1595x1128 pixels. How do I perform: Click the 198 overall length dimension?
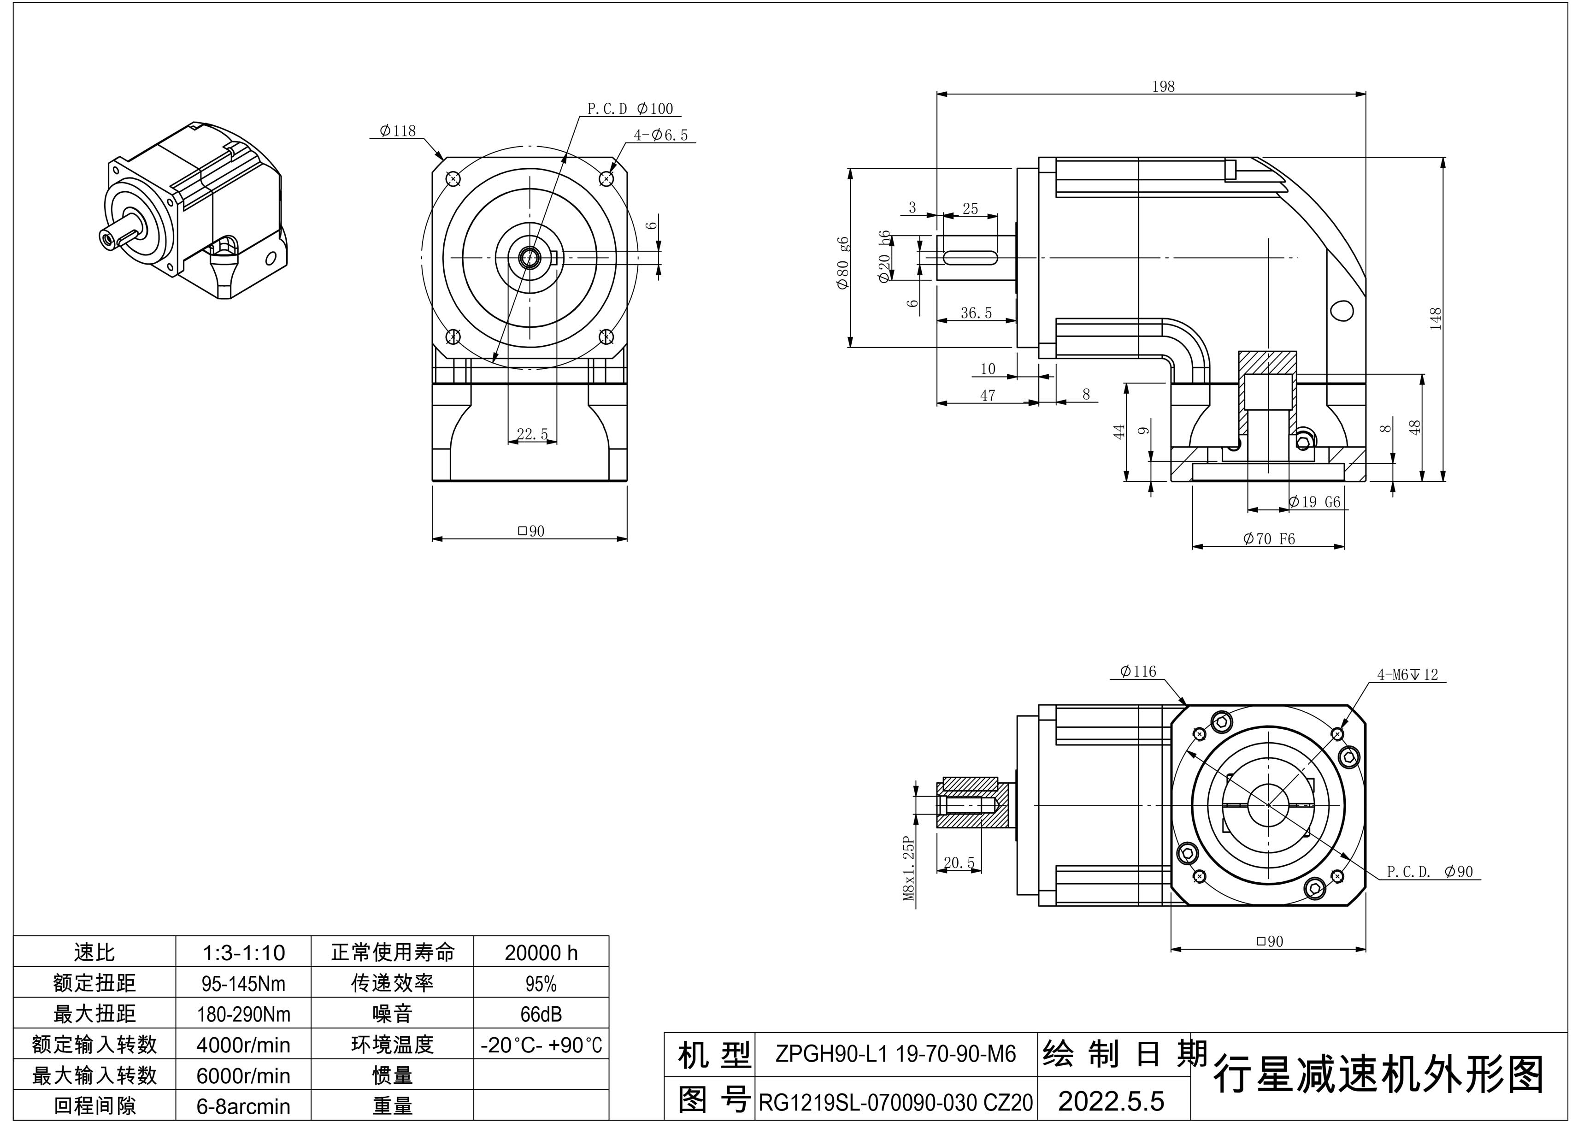tap(1163, 86)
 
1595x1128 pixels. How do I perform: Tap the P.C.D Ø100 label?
tap(630, 108)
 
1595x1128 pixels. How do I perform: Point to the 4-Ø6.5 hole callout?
tap(661, 135)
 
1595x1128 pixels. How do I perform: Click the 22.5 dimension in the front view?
tap(532, 434)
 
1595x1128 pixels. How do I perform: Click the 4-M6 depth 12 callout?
tap(1407, 674)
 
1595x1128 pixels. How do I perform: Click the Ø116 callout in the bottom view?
tap(1138, 671)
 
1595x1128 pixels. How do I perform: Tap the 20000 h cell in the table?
tap(541, 952)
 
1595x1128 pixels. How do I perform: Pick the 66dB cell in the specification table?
tap(541, 1014)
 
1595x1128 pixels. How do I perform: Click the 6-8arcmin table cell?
tap(243, 1106)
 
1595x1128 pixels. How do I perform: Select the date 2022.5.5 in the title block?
tap(1110, 1100)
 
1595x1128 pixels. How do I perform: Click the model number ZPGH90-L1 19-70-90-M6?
tap(895, 1054)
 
